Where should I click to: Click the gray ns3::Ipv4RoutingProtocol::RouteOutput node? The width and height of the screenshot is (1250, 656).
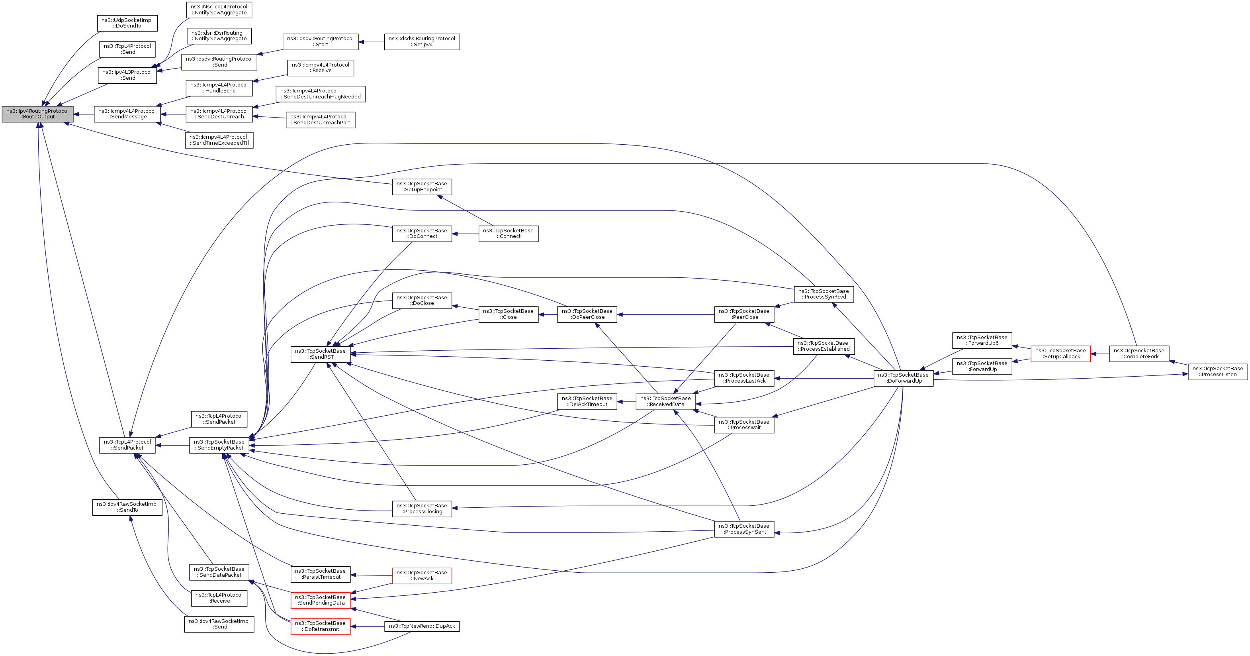pos(37,114)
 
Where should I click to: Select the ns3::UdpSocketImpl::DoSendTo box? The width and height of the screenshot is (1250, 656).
pos(127,23)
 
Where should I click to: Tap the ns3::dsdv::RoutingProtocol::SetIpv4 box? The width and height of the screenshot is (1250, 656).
pos(422,42)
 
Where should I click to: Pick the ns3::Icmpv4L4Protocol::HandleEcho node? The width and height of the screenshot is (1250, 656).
pos(219,88)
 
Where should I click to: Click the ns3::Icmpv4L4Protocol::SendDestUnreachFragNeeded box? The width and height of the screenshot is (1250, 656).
pos(320,94)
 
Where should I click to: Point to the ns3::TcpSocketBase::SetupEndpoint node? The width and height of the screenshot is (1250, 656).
pos(422,187)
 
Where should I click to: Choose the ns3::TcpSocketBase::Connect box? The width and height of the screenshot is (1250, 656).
pos(508,234)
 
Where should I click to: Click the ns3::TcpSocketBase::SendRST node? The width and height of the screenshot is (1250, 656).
pos(320,354)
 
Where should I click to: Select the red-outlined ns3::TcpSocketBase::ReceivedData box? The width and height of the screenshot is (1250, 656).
pos(665,402)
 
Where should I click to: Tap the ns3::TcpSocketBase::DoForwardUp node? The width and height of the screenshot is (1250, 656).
pos(903,378)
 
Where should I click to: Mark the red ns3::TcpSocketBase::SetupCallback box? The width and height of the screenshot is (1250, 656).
pos(1060,354)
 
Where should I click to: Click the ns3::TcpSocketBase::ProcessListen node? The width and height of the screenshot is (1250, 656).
pos(1217,371)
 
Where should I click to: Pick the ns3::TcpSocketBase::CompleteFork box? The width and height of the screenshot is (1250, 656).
pos(1139,354)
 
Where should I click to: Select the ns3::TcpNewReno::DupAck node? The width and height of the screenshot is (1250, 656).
pos(422,627)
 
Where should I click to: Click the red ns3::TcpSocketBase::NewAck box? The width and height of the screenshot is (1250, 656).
pos(422,576)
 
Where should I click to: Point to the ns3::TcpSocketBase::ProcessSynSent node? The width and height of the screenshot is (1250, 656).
pos(744,529)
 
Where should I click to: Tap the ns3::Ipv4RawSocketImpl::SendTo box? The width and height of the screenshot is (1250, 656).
pos(127,507)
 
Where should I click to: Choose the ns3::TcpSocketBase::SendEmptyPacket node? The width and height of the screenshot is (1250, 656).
pos(219,445)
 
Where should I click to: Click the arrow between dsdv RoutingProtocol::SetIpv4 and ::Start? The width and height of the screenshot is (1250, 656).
pos(371,42)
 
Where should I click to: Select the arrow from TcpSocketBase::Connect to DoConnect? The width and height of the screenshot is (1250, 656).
pos(465,234)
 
